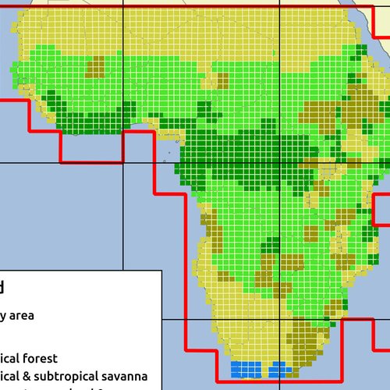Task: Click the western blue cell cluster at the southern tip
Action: pyautogui.click(x=246, y=367)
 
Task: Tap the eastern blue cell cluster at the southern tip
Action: pyautogui.click(x=278, y=367)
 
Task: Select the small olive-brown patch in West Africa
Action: pyautogui.click(x=95, y=68)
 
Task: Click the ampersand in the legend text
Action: pyautogui.click(x=27, y=376)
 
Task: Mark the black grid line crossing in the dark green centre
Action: pyautogui.click(x=280, y=163)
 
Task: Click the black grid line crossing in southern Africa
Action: pyautogui.click(x=280, y=319)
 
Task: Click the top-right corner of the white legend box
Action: pyautogui.click(x=161, y=271)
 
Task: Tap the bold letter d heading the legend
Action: pyautogui.click(x=2, y=287)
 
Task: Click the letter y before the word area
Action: pyautogui.click(x=4, y=316)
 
